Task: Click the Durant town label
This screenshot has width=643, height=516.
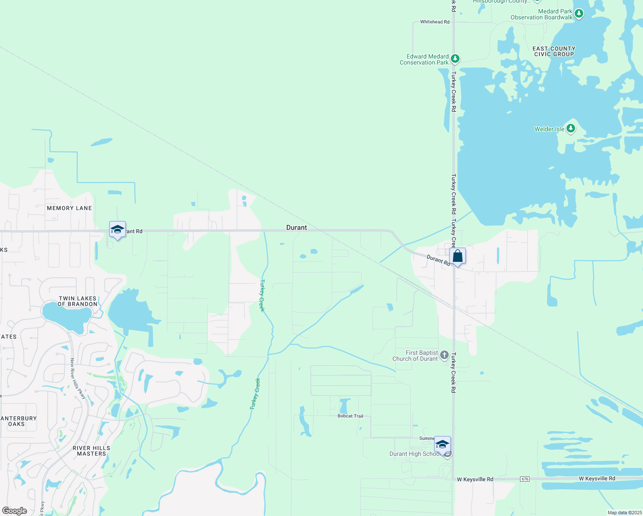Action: [x=297, y=227]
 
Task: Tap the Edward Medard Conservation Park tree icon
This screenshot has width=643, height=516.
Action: [x=455, y=58]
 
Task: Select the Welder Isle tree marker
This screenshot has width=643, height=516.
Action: [x=571, y=128]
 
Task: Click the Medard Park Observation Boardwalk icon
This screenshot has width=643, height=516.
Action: [x=579, y=14]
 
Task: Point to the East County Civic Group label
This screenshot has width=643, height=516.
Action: [x=554, y=52]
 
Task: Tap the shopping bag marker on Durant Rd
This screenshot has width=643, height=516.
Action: [x=458, y=256]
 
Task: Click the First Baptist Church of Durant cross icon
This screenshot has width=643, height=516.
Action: [x=444, y=355]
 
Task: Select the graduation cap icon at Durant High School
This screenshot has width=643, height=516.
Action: [x=442, y=444]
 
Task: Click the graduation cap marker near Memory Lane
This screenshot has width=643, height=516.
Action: [x=117, y=229]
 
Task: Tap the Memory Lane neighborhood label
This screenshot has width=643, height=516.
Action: [x=69, y=208]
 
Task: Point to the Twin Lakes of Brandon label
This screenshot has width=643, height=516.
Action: [x=78, y=301]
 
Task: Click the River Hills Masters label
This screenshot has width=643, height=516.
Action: [x=91, y=451]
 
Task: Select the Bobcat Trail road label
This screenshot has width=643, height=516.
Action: [x=350, y=416]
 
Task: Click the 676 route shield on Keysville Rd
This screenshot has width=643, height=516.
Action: [x=524, y=479]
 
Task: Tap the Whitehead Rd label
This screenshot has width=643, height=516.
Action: [x=435, y=22]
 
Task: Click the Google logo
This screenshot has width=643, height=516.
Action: [x=15, y=511]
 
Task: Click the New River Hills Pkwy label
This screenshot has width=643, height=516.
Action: [x=78, y=378]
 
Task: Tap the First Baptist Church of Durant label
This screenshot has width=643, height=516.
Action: [x=415, y=356]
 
